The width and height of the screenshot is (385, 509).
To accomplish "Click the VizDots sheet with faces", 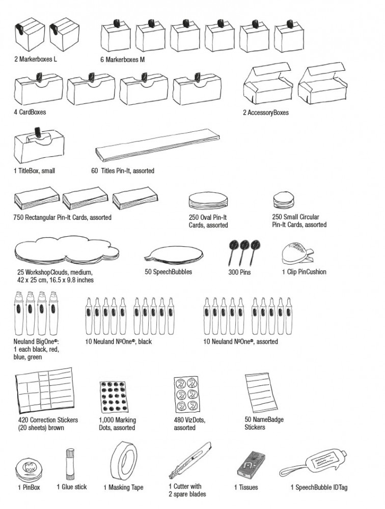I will click(x=186, y=395).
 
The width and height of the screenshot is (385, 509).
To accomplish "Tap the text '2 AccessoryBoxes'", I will click(x=265, y=112).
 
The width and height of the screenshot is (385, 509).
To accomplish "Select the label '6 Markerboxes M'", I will click(x=122, y=60).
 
